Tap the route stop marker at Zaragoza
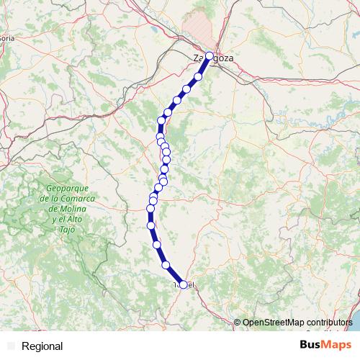pyautogui.click(x=210, y=55)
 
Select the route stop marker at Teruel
pyautogui.click(x=183, y=284)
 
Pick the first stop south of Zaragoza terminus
pyautogui.click(x=198, y=76)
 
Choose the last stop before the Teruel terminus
pyautogui.click(x=167, y=265)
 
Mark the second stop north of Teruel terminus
pyautogui.click(x=157, y=245)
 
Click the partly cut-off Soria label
pyautogui.click(x=6, y=38)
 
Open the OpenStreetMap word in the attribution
pyautogui.click(x=269, y=323)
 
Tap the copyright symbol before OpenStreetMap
pyautogui.click(x=237, y=323)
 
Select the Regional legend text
pyautogui.click(x=42, y=346)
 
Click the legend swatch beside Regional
pyautogui.click(x=10, y=346)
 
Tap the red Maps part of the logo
pyautogui.click(x=337, y=345)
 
